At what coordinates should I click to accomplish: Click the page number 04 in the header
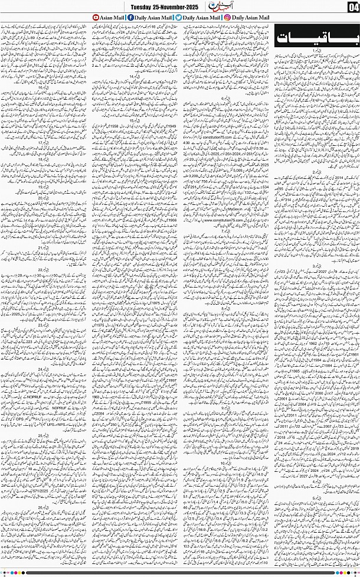pos(352,8)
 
